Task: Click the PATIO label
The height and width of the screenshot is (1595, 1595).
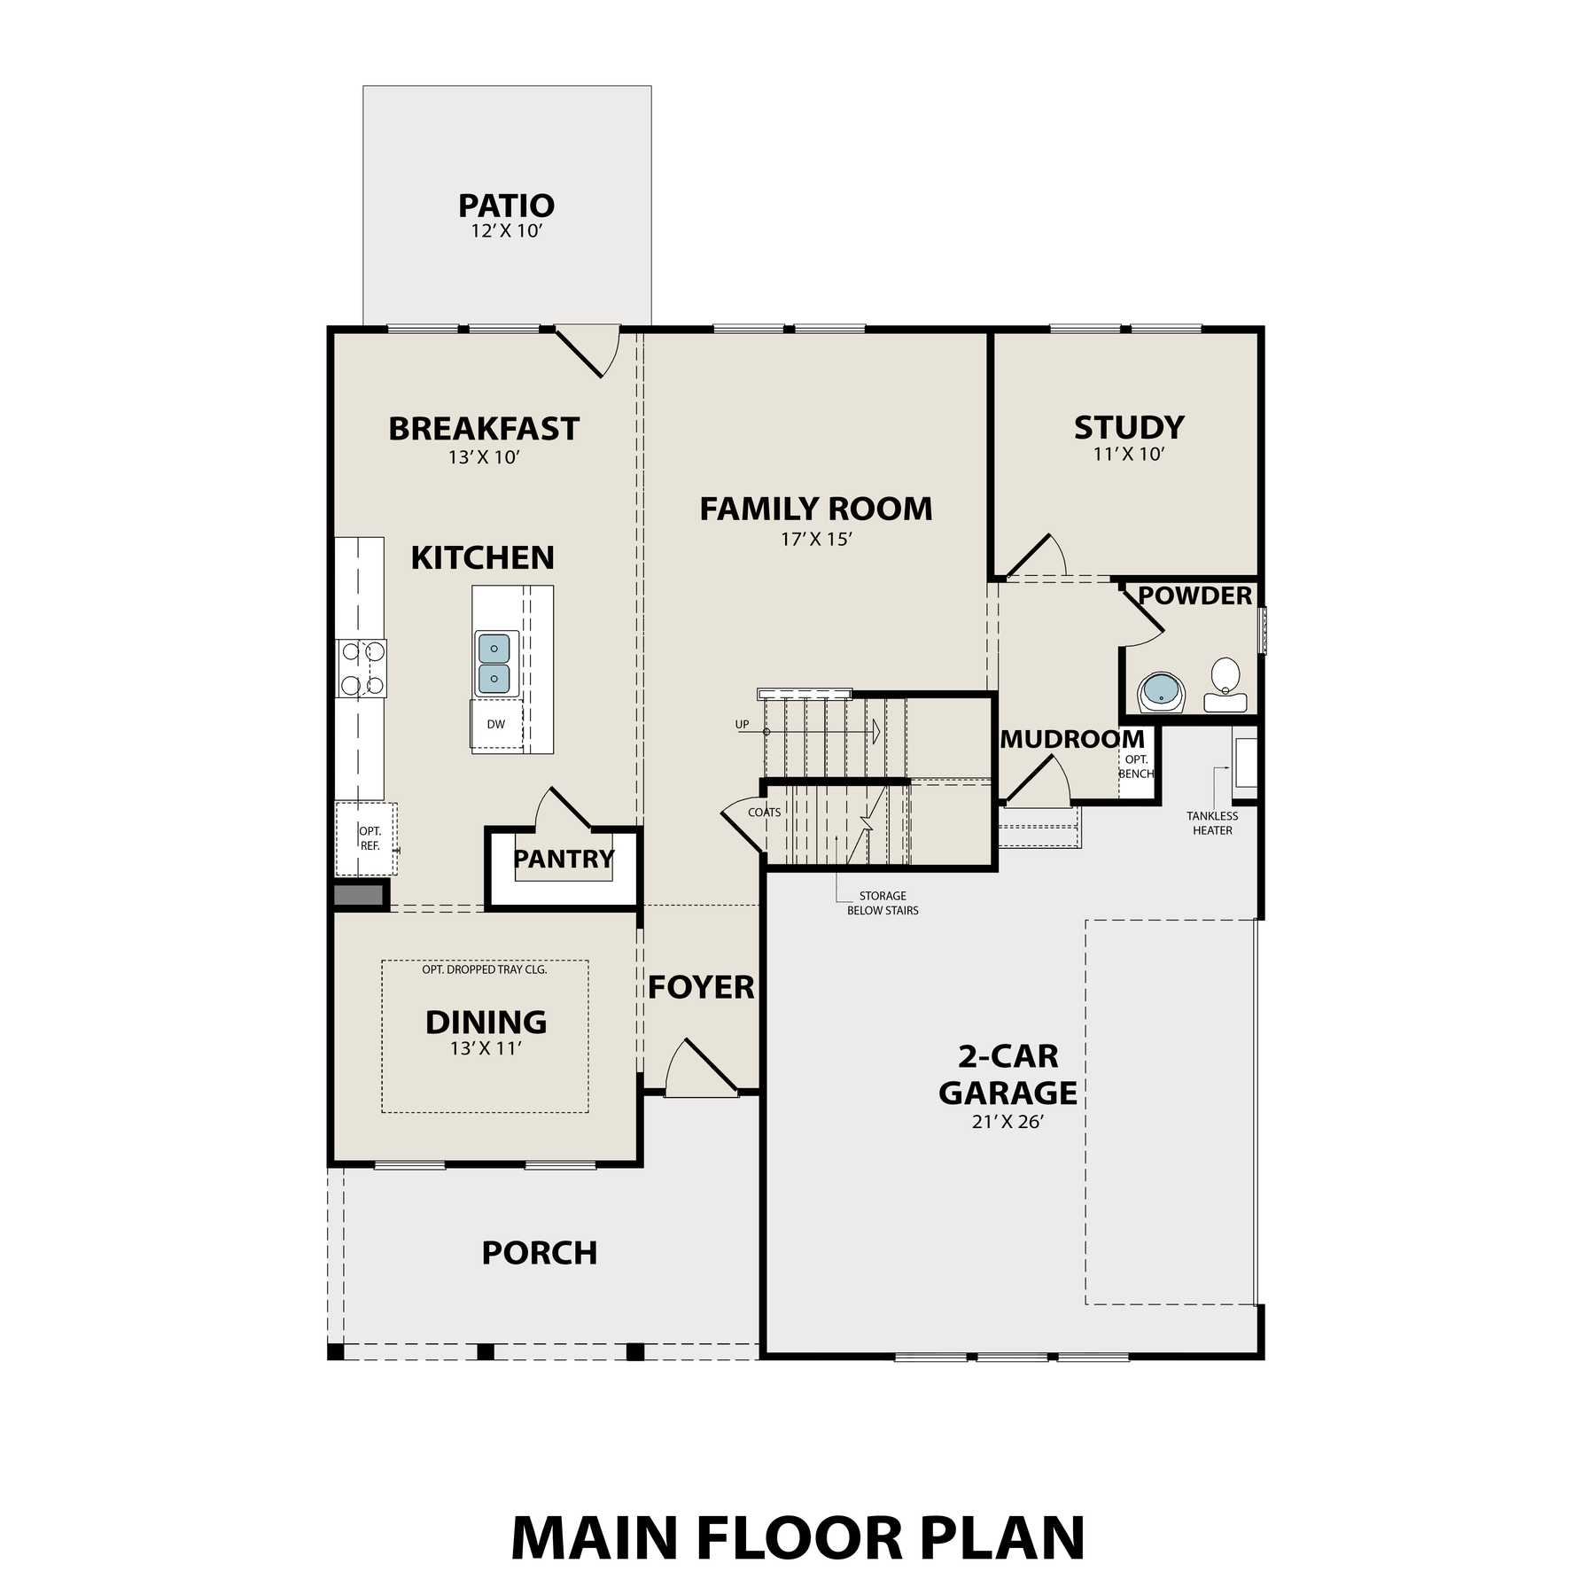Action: tap(506, 206)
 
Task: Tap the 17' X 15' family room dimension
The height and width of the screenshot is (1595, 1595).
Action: tap(816, 539)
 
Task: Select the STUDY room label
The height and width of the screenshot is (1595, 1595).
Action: tap(1129, 427)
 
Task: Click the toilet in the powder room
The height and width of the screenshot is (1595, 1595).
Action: tap(1225, 685)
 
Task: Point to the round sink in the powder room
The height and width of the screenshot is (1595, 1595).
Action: tap(1161, 692)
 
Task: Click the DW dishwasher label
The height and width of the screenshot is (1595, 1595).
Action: tap(496, 724)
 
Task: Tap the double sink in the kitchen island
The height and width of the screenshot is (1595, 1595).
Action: tap(494, 663)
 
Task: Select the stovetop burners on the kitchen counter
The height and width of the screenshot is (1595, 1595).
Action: tap(362, 668)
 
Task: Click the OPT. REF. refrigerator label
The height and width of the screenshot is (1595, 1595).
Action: tap(370, 838)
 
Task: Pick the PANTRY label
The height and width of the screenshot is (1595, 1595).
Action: tap(564, 859)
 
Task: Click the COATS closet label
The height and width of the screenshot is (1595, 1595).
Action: tap(765, 813)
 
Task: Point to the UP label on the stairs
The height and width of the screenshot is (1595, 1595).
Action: tap(743, 724)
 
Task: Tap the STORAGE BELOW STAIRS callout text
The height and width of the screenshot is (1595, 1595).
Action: tap(883, 903)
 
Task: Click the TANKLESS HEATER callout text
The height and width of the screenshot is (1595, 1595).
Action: tap(1212, 823)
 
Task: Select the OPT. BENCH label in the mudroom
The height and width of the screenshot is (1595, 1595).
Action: tap(1136, 766)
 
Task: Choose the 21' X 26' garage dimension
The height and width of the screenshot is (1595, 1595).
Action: tap(1008, 1122)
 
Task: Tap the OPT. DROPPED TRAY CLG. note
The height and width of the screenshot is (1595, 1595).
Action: tap(485, 969)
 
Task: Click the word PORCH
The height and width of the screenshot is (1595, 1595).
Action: tap(540, 1253)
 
